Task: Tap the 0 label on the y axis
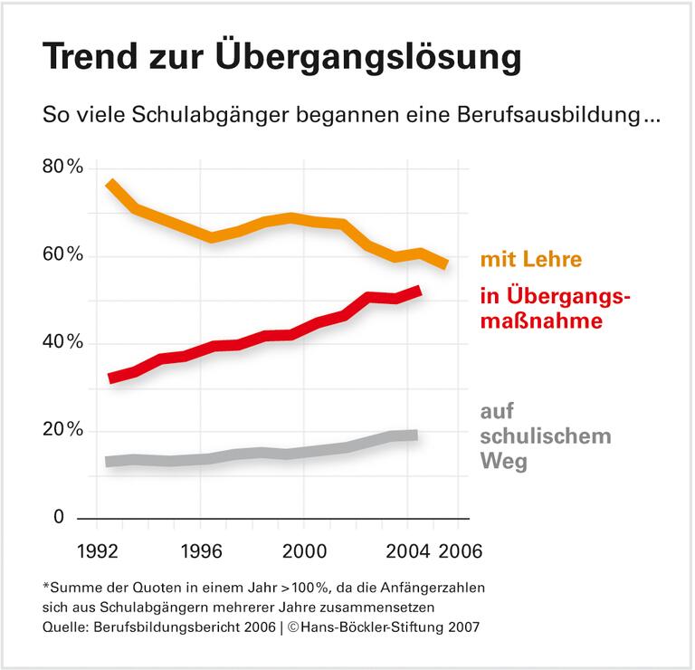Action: pos(59,517)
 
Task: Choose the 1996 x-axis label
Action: pos(202,550)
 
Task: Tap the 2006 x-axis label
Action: pos(460,550)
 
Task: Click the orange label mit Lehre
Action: pos(529,261)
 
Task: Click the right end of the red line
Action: pos(417,291)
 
